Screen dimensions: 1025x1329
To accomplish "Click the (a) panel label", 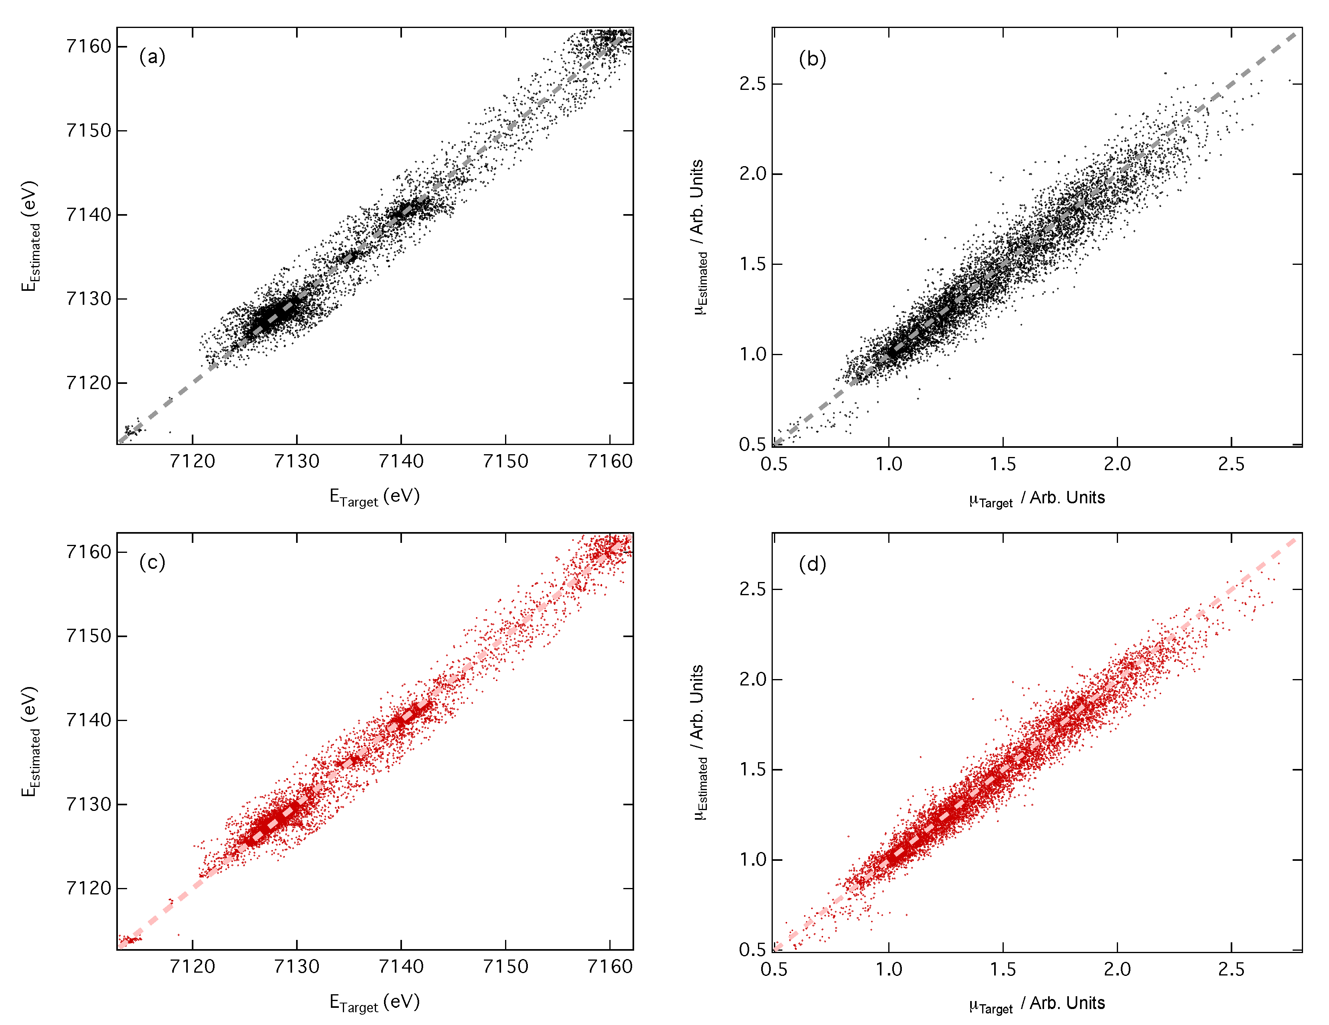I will coord(152,57).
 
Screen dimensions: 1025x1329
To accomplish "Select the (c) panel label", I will coord(152,562).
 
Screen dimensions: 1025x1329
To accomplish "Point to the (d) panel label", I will coord(812,564).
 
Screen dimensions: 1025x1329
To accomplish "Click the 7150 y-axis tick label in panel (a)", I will coord(89,131).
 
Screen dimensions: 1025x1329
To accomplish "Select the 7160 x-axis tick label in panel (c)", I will coord(610,967).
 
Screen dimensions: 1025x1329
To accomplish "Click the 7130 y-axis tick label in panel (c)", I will coord(89,804).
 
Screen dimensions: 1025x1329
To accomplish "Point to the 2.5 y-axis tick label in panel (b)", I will coord(753,84).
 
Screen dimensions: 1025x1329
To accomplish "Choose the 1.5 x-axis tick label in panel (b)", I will coord(1003,464).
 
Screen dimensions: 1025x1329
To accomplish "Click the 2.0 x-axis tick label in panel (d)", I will coord(1117,969).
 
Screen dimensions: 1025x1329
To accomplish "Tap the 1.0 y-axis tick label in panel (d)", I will coord(753,860).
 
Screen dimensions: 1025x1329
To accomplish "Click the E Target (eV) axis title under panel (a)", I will coord(374,497).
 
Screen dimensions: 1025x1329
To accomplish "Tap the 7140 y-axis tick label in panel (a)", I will coord(89,215).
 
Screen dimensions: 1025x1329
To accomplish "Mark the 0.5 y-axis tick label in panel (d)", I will coord(753,950).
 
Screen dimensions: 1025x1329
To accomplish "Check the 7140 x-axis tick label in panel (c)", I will coord(401,967).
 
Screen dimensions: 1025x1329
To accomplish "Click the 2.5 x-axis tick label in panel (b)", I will coord(1231,464).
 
